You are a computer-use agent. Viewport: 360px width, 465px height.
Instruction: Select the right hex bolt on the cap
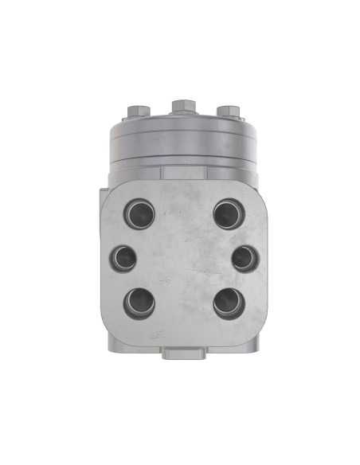point(228,111)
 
